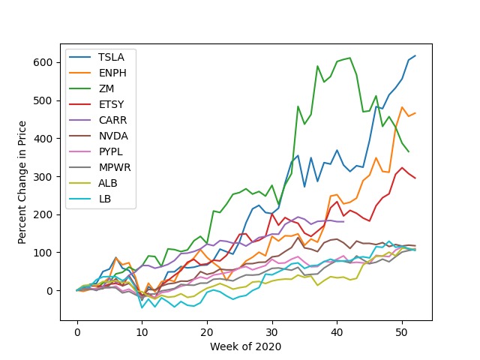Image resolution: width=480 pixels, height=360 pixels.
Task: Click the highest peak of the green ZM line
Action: pos(350,58)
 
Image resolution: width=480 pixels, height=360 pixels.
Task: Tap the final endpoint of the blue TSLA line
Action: pos(415,55)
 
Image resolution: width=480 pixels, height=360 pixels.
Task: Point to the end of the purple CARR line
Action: pos(343,221)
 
